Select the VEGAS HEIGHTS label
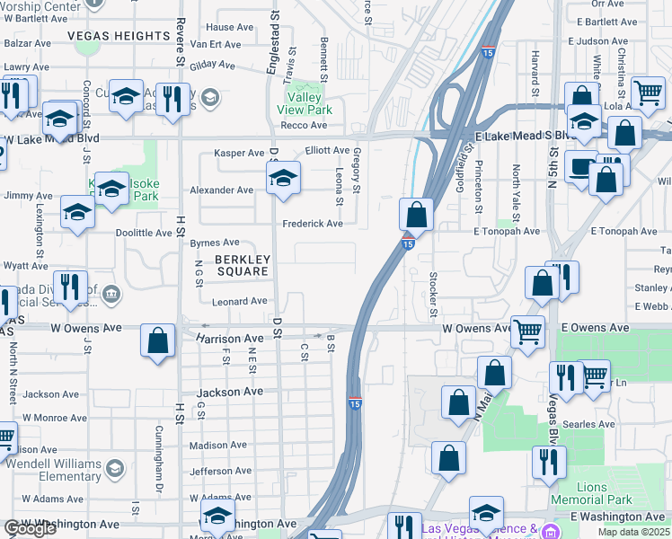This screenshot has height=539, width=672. coord(119,36)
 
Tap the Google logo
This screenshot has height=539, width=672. coord(30,529)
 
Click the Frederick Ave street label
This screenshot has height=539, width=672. coord(313,224)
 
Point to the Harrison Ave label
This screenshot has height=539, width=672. coord(230,339)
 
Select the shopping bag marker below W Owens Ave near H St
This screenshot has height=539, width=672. coord(158,341)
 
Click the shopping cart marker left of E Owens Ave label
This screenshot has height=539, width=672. coord(527,331)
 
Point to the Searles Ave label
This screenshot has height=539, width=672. coord(595,424)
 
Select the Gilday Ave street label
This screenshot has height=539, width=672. coord(212,66)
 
